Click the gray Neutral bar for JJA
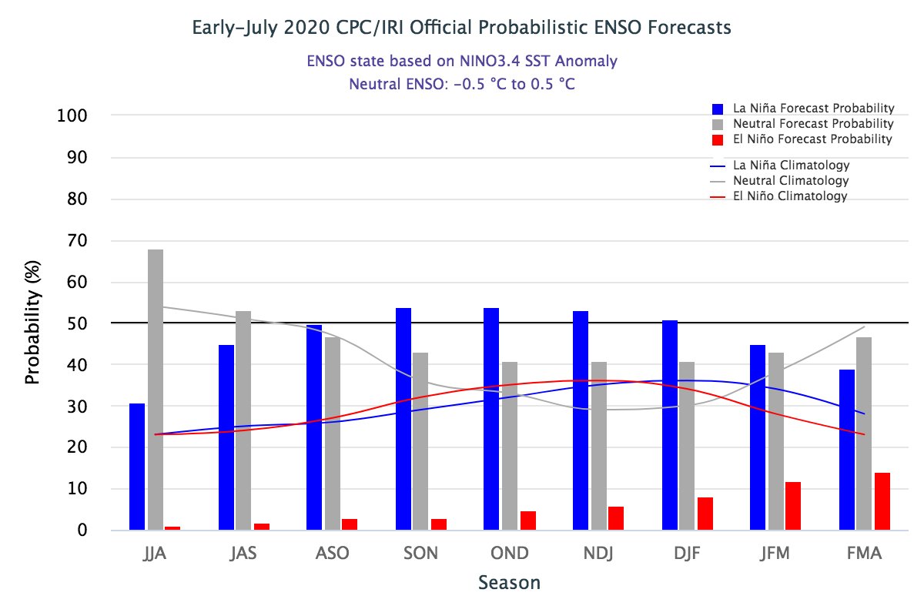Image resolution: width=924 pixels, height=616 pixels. (x=156, y=390)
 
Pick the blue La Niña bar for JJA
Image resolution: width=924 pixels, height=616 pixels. (x=137, y=467)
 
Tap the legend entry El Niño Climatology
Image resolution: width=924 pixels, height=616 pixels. (x=790, y=196)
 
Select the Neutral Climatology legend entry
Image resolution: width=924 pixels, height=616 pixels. (x=791, y=181)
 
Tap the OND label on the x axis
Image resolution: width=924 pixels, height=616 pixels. (x=509, y=554)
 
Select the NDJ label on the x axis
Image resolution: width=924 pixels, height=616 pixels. (x=598, y=554)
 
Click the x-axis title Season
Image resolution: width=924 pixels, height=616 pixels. (x=509, y=582)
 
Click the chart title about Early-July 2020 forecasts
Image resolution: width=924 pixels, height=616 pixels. (x=461, y=28)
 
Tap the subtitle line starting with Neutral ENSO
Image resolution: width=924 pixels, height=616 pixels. (x=461, y=83)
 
